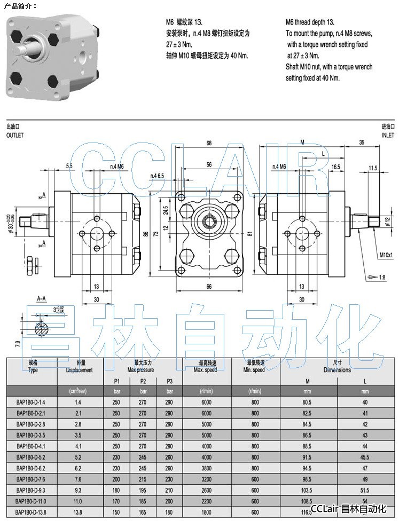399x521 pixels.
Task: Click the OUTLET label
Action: click(x=15, y=136)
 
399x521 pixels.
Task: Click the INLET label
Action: click(x=387, y=136)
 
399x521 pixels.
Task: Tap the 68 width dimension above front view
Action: click(x=209, y=143)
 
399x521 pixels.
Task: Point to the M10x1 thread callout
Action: click(x=386, y=255)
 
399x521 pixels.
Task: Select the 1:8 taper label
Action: click(x=380, y=278)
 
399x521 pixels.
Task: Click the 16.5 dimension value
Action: click(x=335, y=167)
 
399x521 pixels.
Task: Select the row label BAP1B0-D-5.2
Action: click(x=31, y=457)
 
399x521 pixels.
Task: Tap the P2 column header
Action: click(x=143, y=381)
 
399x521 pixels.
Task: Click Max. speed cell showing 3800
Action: click(x=207, y=468)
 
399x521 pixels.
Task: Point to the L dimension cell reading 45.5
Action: click(x=365, y=457)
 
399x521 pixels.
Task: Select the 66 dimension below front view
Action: click(x=209, y=287)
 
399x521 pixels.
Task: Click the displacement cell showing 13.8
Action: click(x=78, y=512)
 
